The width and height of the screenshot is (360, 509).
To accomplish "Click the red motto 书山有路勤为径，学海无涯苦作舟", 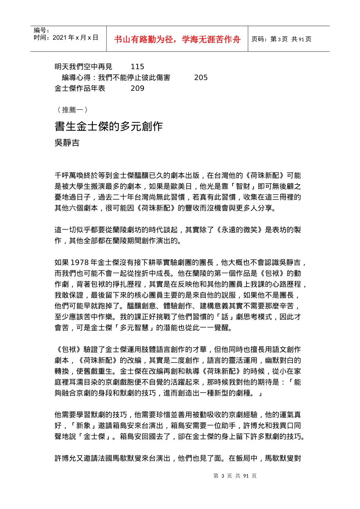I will point(177,39).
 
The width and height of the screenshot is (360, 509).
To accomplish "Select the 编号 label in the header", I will point(41,30).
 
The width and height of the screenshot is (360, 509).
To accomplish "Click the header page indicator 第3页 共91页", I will point(282,39).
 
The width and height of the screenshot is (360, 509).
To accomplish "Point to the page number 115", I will point(137,67).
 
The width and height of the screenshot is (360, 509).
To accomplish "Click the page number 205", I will point(200,78).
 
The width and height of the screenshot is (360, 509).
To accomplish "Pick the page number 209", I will point(137,88).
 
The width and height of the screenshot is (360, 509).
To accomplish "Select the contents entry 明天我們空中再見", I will point(83,67).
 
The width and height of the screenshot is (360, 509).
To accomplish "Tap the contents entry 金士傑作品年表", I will point(80,88).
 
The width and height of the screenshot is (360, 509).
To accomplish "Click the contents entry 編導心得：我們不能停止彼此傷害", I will point(116,78).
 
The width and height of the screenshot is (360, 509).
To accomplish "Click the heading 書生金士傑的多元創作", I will point(109,126).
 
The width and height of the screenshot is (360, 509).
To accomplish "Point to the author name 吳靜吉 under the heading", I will point(67,143).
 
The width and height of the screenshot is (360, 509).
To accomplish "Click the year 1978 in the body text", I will point(80,262).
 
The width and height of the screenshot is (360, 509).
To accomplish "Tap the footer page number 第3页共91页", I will point(235,476).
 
